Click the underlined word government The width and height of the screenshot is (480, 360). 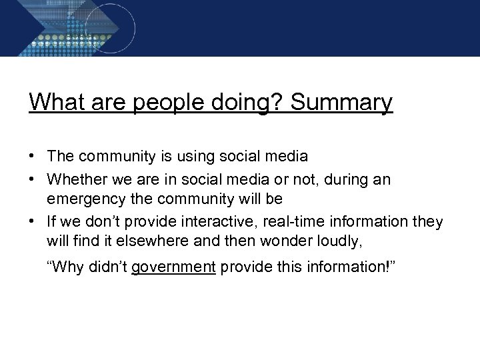pyautogui.click(x=173, y=268)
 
